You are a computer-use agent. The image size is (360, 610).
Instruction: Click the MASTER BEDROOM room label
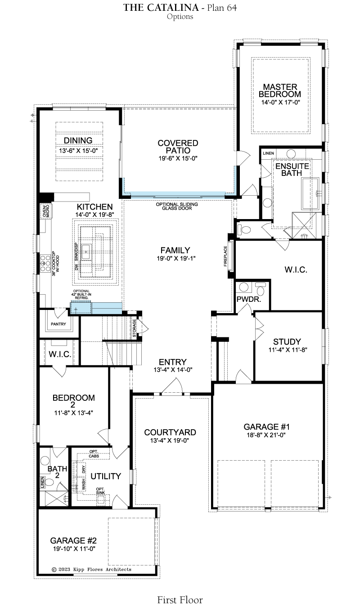[x=279, y=91]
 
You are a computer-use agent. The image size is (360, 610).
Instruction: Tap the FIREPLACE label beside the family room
[x=225, y=256]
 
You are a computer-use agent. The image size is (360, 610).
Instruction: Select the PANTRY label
[x=58, y=324]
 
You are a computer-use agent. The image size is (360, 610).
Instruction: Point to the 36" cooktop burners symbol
[x=45, y=264]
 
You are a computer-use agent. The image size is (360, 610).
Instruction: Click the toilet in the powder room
[x=261, y=289]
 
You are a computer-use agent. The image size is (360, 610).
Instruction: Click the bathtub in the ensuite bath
[x=310, y=193]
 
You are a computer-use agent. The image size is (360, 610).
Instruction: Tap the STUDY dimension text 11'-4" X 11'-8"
[x=288, y=350]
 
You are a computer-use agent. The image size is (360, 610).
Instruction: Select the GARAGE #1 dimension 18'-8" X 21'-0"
[x=266, y=435]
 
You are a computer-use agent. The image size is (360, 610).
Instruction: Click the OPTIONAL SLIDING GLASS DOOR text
[x=177, y=206]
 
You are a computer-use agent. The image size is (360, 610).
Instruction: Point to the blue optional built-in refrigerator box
[x=81, y=308]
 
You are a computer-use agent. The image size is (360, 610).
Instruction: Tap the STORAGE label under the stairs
[x=135, y=328]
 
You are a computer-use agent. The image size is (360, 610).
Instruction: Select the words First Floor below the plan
[x=180, y=600]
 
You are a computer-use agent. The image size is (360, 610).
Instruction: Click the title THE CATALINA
[x=161, y=8]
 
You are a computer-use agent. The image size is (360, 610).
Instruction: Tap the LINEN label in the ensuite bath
[x=268, y=153]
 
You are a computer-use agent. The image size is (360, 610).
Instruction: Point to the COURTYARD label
[x=170, y=432]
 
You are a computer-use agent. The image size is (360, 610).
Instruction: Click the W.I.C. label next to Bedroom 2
[x=60, y=354]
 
